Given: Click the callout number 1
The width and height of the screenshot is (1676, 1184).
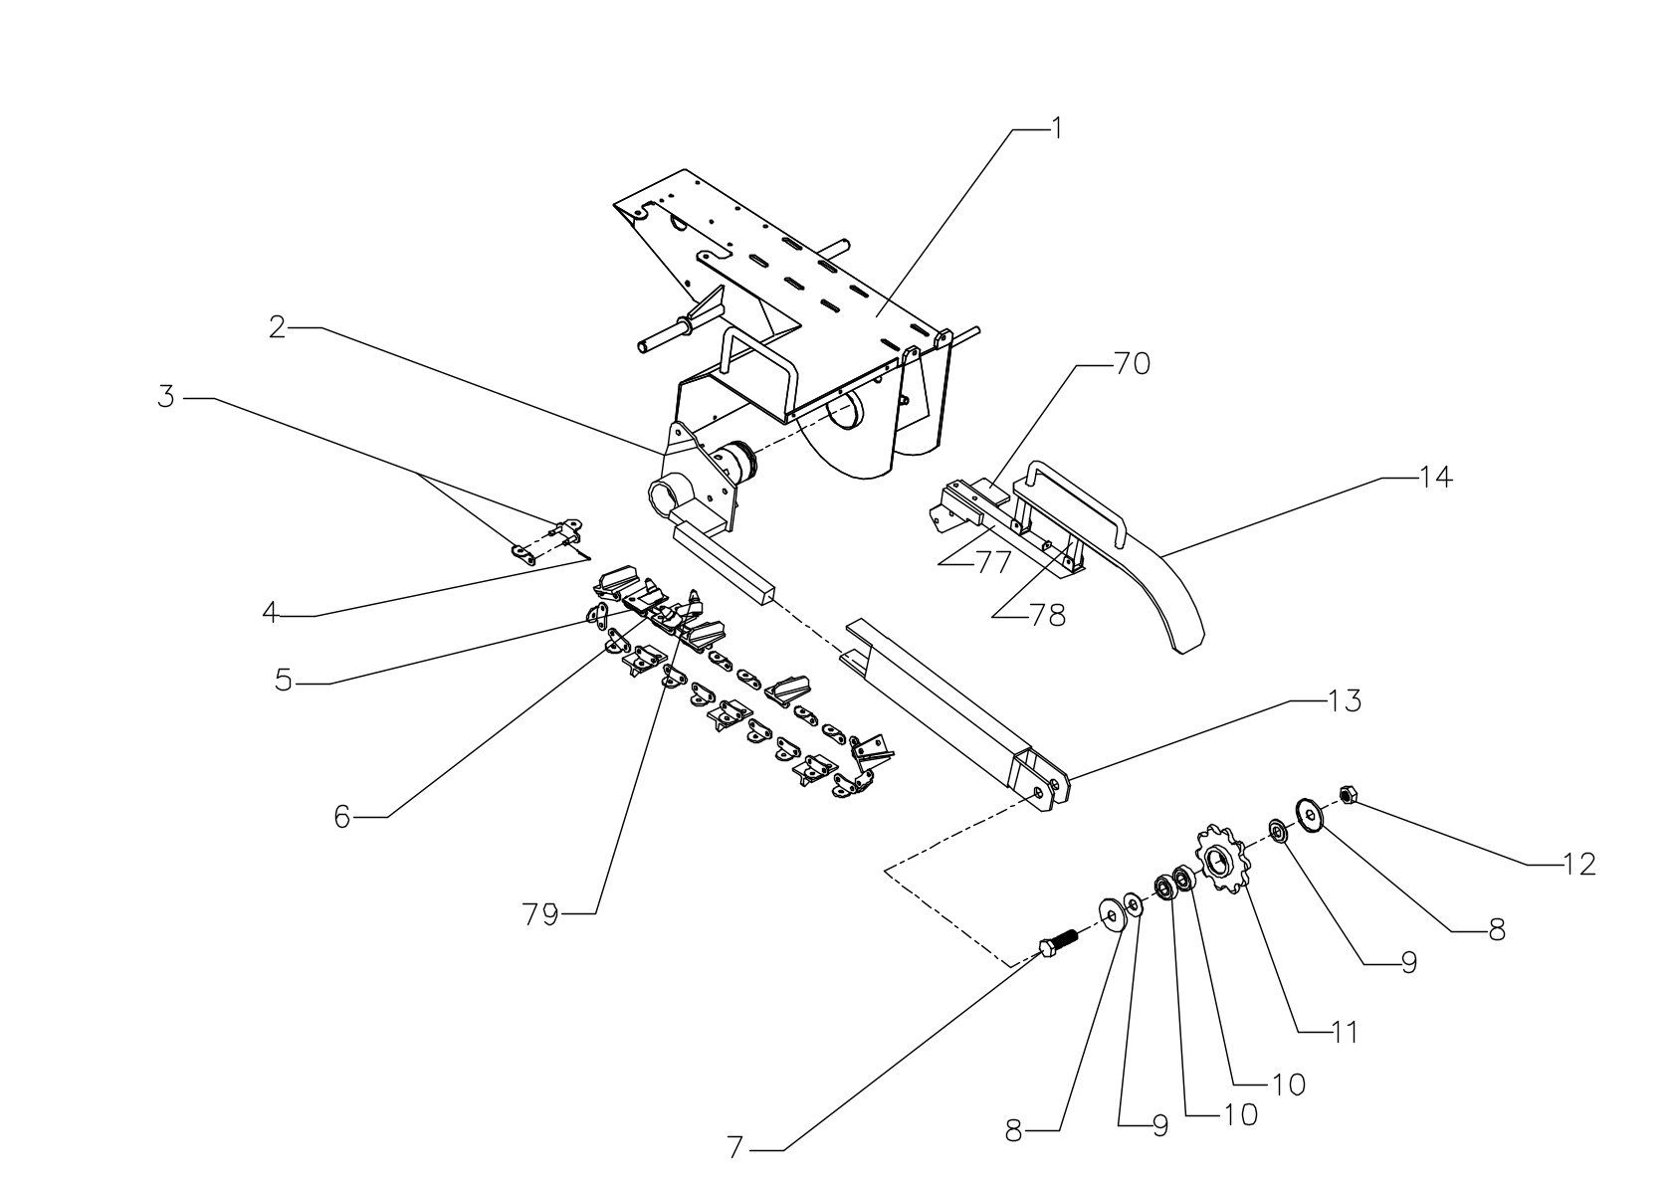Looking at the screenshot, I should point(1057,128).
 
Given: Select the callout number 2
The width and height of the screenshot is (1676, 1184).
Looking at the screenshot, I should point(278,326).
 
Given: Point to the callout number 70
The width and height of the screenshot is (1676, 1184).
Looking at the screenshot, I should point(1131,364).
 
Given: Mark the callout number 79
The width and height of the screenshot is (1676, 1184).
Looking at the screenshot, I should point(541,913).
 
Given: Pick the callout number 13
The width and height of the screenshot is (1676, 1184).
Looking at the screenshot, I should point(1344,700).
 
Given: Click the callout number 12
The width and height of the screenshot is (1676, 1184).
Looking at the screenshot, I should point(1577,864).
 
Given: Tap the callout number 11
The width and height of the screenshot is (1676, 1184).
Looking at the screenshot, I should point(1345,1033).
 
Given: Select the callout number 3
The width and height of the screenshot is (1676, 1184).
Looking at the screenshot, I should point(166,397).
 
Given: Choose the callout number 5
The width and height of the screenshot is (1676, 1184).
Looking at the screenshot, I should point(285,682).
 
